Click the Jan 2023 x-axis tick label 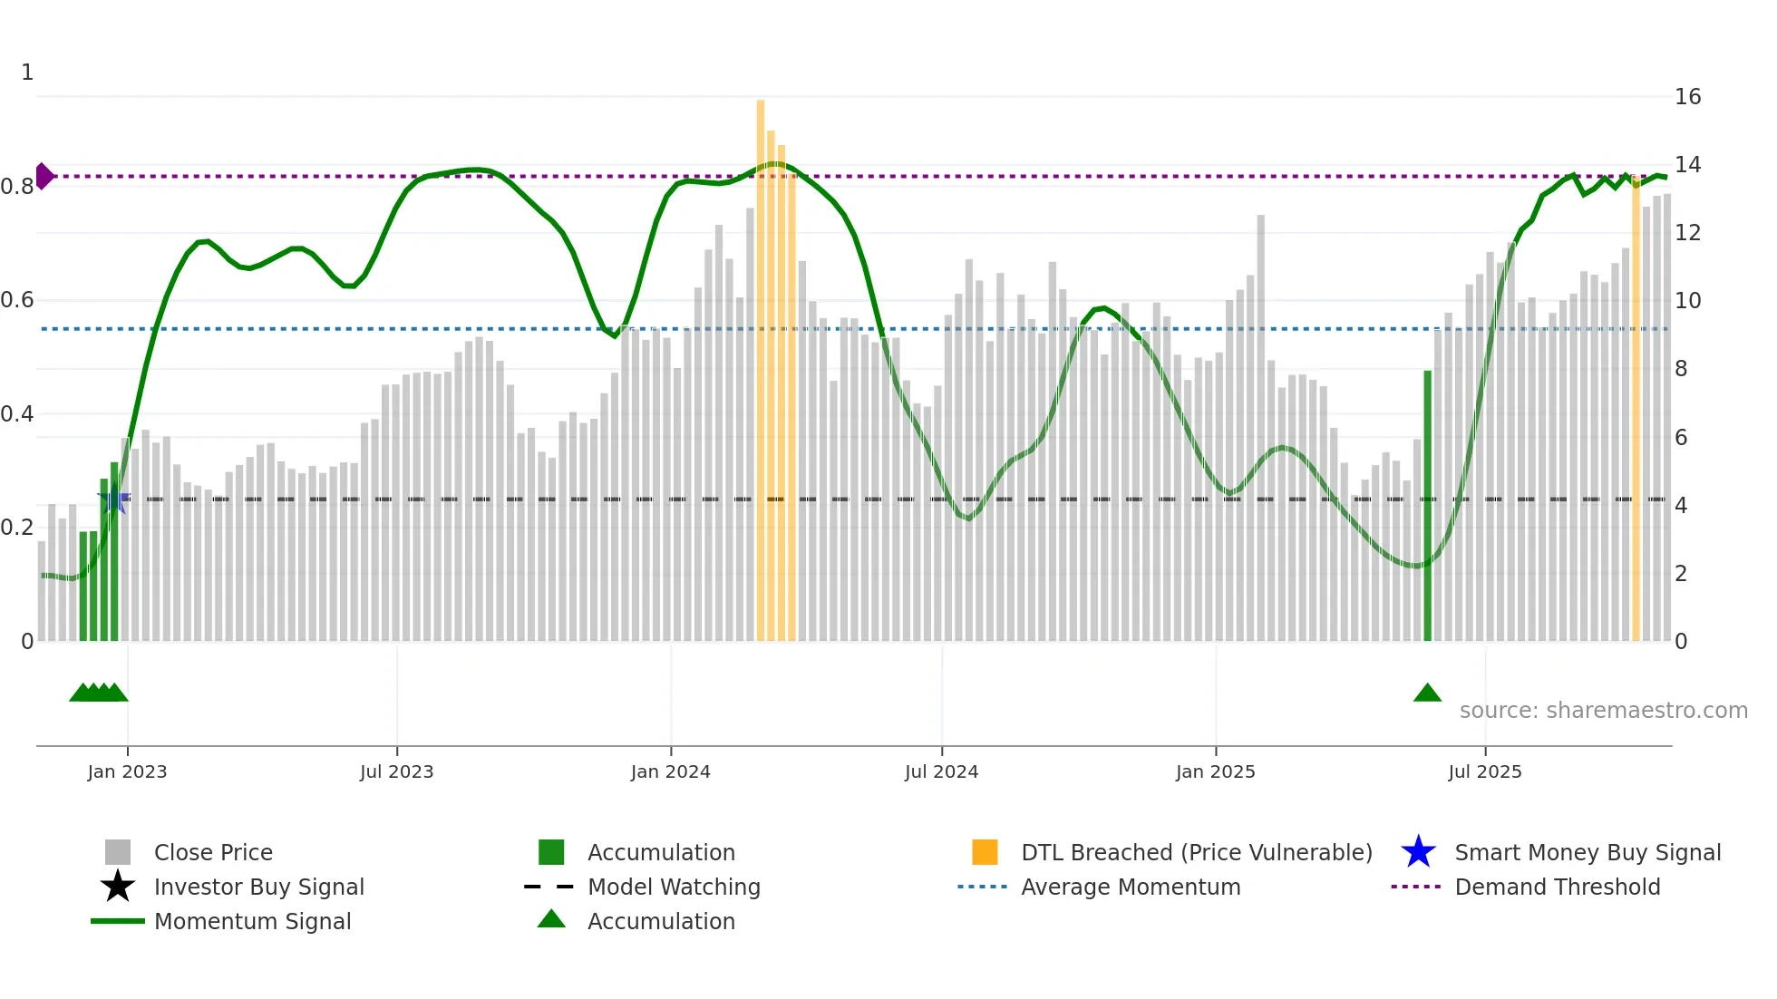tap(127, 771)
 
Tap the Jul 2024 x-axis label tap(941, 771)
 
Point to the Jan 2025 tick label tap(1215, 771)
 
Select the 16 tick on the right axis tap(1687, 97)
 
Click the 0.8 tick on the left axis tap(17, 187)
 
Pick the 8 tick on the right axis tap(1681, 369)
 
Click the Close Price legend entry tap(213, 852)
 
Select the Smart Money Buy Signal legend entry tap(1587, 852)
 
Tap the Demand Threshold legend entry tap(1557, 887)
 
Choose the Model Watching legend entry tap(673, 887)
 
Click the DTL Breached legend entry tap(1196, 852)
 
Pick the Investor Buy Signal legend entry tap(258, 887)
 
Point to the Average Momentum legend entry tap(1130, 887)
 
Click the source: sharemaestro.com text tap(1603, 710)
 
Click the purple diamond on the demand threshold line tap(44, 176)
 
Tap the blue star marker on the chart tap(113, 498)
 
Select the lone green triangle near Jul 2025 tap(1427, 693)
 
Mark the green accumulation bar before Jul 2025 tap(1427, 508)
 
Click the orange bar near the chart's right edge tap(1636, 408)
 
